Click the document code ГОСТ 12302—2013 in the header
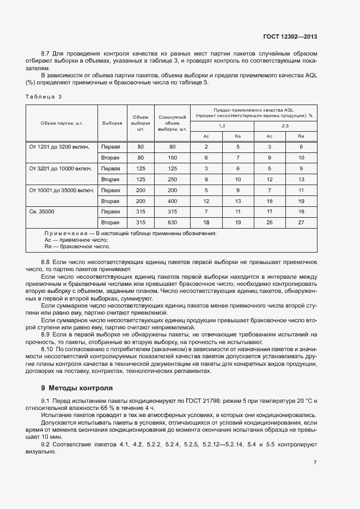coord(289,36)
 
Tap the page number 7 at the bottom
coord(315,462)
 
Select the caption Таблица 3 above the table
coord(44,96)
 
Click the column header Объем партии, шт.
coord(61,123)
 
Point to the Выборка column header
coord(112,123)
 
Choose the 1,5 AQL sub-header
coord(222,126)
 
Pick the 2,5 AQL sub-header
coord(285,126)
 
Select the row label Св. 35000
coord(42,211)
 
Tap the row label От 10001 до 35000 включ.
coord(61,190)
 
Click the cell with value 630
coord(172,222)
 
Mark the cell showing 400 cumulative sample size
coord(172,201)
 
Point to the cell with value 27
coord(301,222)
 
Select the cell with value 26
coord(269,222)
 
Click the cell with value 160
coord(172,158)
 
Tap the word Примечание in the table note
coord(65,233)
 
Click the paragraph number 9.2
coord(46,445)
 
